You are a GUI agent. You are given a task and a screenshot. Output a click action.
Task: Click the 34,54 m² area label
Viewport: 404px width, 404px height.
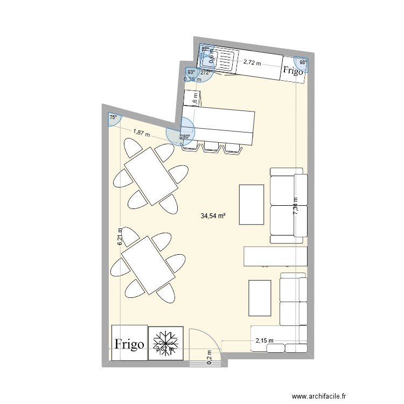click(212, 217)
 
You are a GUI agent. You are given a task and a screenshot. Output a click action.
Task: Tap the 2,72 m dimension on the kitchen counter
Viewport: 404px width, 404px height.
click(252, 63)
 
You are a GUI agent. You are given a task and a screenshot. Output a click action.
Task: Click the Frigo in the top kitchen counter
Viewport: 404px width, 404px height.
click(294, 69)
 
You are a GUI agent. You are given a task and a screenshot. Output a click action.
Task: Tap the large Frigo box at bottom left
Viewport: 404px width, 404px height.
click(129, 343)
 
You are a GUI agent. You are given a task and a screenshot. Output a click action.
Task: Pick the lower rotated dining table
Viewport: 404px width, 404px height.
click(149, 265)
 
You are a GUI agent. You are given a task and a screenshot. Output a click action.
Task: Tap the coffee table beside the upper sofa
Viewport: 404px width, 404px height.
click(252, 204)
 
